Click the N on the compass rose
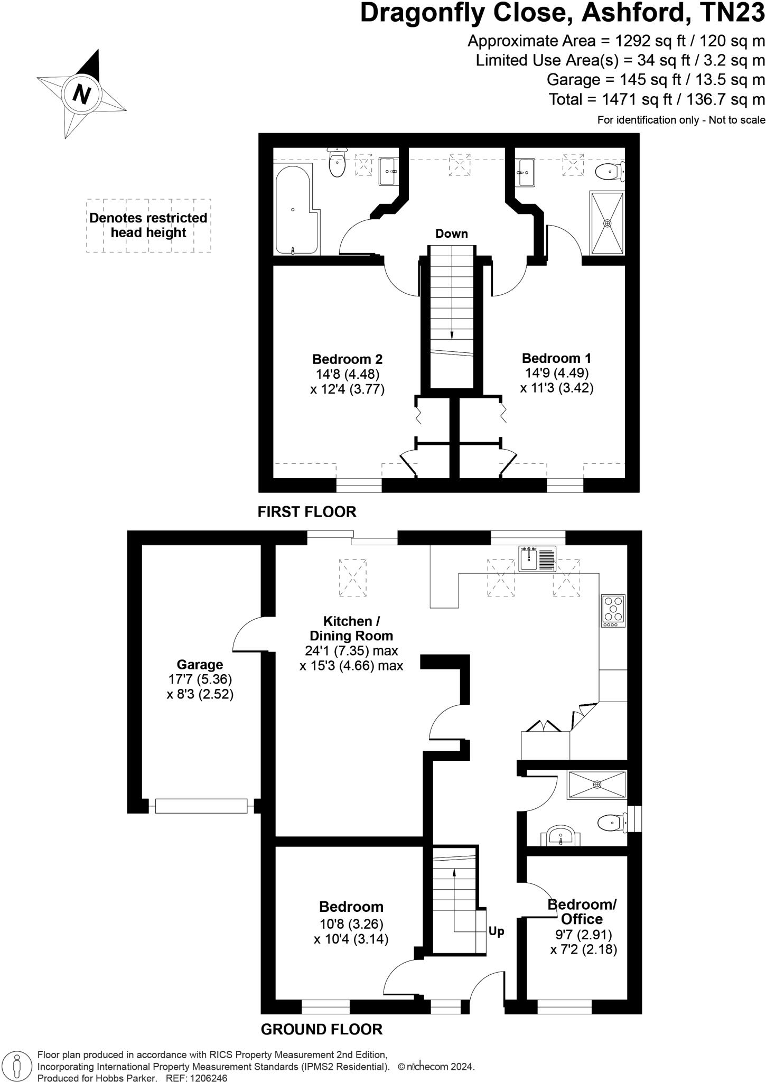(x=81, y=94)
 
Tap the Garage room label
(x=200, y=665)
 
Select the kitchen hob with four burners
(x=613, y=611)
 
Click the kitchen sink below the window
(x=537, y=558)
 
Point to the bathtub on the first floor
(x=295, y=210)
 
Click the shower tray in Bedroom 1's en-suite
(x=607, y=223)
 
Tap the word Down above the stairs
(x=451, y=234)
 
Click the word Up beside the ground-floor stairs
(x=496, y=946)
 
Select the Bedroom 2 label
(x=347, y=359)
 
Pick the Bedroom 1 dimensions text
(x=557, y=380)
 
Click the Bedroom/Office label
(x=582, y=911)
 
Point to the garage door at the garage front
(x=201, y=806)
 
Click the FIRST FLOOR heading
(x=307, y=511)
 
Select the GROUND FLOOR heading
(x=322, y=1029)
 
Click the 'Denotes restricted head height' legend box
(x=148, y=226)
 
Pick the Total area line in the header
(x=657, y=99)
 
